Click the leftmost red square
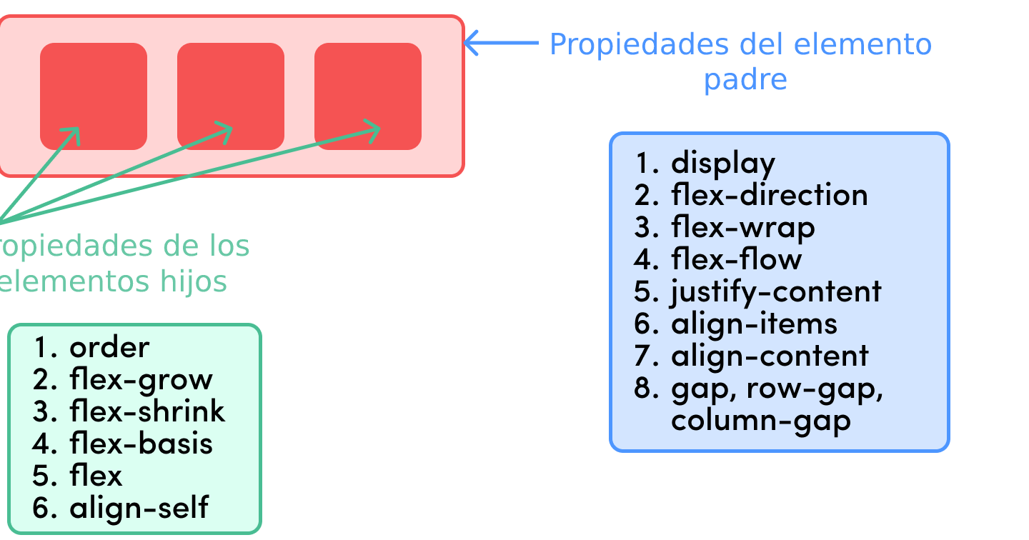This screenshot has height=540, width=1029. (x=93, y=96)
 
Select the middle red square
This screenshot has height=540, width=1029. (x=230, y=96)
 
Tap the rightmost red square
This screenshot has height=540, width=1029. (x=367, y=96)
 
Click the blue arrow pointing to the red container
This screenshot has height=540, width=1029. (x=501, y=43)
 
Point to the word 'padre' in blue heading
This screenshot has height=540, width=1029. (x=745, y=79)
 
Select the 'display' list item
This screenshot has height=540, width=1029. (x=722, y=163)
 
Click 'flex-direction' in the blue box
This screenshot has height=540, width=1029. (x=769, y=195)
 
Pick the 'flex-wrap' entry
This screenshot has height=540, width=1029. (x=742, y=227)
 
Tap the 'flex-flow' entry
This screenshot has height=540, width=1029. (x=736, y=259)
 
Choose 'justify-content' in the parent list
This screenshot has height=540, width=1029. (x=776, y=291)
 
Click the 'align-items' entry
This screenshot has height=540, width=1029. (x=754, y=324)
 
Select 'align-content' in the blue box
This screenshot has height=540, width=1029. (x=770, y=356)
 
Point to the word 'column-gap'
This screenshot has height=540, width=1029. (x=761, y=420)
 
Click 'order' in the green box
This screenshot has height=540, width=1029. (x=109, y=347)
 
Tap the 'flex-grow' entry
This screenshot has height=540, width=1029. (x=141, y=379)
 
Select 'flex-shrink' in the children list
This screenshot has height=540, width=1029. (x=147, y=411)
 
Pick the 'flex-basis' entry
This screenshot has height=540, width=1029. (x=141, y=444)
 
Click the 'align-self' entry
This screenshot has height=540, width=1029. (x=139, y=508)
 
